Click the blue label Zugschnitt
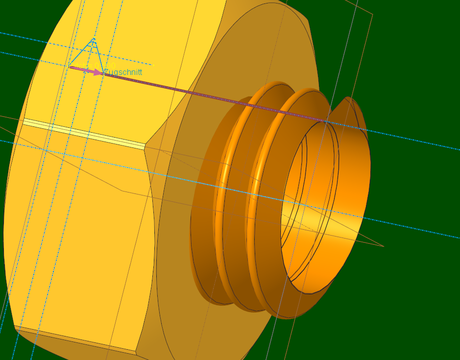point(123,72)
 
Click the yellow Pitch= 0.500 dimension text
point(93,66)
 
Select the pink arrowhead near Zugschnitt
point(98,72)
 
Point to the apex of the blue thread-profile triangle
point(94,39)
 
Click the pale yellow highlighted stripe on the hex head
point(83,132)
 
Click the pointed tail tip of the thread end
point(349,98)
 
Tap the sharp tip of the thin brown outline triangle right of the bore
point(383,246)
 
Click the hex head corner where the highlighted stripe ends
point(145,145)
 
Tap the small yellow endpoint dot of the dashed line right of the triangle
point(153,65)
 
